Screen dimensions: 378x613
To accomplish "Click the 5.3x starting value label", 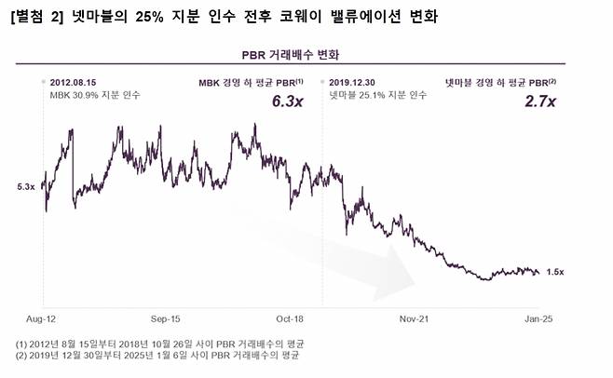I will pos(25,187).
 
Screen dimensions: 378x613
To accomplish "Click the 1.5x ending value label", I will pos(556,272).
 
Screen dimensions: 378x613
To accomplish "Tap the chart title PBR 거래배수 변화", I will pos(306,52).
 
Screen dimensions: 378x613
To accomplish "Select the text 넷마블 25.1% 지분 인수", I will pos(376,95).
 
